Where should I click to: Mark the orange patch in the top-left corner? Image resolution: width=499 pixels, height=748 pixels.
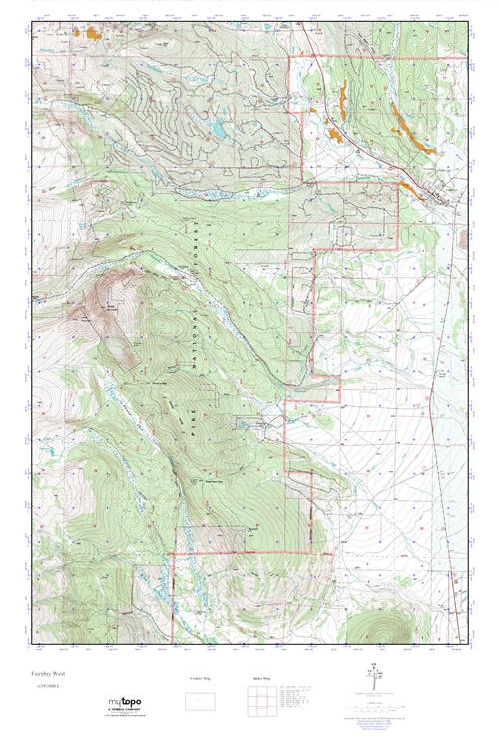point(94,33)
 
